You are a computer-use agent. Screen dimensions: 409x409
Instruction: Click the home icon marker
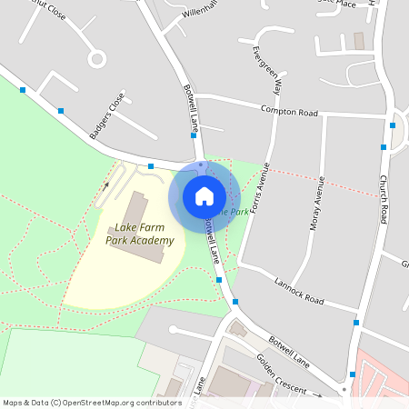(204, 195)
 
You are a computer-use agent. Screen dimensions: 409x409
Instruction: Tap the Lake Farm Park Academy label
(139, 234)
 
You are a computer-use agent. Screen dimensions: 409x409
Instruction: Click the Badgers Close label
(107, 115)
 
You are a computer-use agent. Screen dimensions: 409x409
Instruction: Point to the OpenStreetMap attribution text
(92, 403)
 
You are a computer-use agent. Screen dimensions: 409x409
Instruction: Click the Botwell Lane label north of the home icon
(192, 107)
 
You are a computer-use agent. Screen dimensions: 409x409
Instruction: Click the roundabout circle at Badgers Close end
(97, 59)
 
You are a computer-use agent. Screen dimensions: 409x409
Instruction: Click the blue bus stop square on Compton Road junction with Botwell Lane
(194, 135)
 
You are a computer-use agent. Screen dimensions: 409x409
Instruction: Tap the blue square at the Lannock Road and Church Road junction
(356, 323)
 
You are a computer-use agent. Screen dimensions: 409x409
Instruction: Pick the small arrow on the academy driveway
(105, 185)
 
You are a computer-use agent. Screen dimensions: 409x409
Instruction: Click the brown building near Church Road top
(358, 41)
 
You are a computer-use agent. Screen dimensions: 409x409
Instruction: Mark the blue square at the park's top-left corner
(23, 89)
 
